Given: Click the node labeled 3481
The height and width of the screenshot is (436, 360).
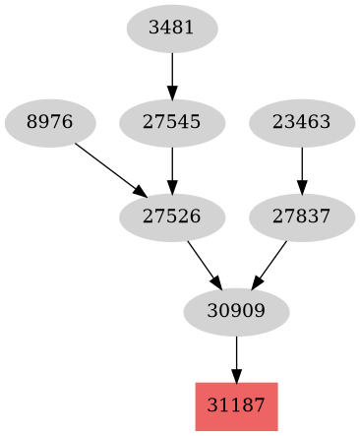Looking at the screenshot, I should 172,29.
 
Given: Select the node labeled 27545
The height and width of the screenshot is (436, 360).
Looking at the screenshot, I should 172,123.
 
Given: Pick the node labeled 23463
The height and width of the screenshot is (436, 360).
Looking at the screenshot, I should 301,123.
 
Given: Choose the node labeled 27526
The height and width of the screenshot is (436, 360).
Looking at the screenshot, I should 172,218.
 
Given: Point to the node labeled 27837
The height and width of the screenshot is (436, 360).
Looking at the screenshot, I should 301,218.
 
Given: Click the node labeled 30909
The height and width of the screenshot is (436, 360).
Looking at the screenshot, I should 236,312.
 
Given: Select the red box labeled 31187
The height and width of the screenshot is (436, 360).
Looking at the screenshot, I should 236,406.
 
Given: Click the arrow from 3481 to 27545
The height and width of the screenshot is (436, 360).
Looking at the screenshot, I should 172,75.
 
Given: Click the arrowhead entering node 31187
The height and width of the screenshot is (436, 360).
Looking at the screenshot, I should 236,376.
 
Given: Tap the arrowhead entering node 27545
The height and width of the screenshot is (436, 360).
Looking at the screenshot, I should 172,93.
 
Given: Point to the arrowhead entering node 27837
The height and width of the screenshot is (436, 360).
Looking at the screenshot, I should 301,187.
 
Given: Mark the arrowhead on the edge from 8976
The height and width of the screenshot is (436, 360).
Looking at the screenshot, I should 140,192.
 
